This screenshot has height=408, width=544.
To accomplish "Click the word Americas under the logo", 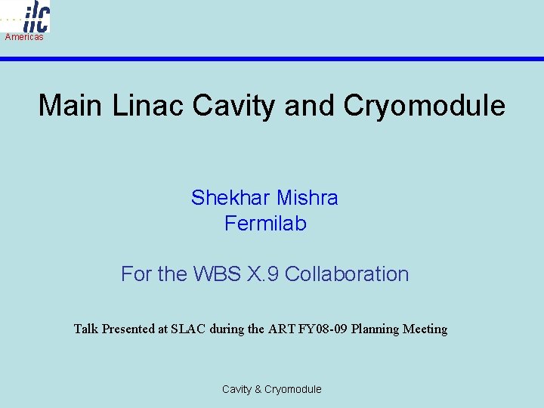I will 24,37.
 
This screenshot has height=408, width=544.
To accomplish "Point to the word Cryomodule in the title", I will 424,106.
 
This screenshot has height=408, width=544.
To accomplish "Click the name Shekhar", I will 231,198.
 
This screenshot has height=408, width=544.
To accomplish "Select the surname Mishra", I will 308,198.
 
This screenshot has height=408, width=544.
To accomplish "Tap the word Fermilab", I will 265,224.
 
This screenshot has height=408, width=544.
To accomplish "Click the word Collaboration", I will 347,274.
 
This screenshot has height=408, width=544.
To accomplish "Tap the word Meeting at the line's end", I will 425,329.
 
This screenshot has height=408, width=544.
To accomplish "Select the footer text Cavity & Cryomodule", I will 271,389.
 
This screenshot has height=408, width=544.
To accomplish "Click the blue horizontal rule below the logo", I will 302,58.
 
